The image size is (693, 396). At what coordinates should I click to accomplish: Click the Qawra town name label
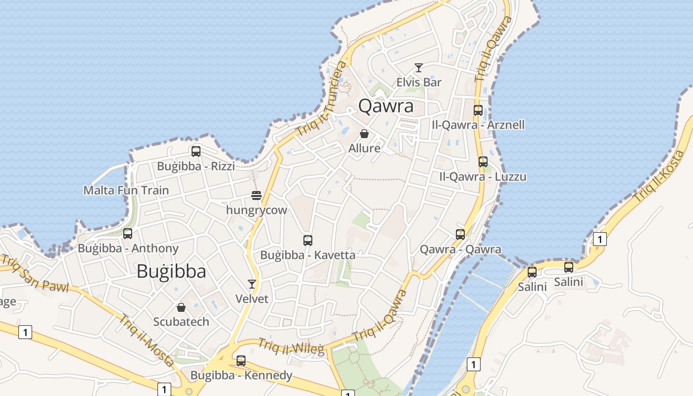(x=386, y=106)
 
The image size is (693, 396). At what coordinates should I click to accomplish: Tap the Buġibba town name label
(x=171, y=271)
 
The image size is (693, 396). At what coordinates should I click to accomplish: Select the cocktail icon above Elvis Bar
(x=419, y=68)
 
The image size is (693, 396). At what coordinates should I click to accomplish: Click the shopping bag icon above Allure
(x=364, y=134)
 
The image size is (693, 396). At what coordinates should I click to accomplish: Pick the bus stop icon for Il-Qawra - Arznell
(x=478, y=110)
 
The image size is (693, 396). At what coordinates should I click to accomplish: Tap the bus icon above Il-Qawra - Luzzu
(x=483, y=162)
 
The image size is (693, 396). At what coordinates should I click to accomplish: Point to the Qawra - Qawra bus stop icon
(x=460, y=235)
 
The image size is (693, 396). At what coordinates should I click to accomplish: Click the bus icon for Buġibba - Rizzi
(x=196, y=151)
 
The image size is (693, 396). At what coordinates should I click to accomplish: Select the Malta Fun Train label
(x=126, y=190)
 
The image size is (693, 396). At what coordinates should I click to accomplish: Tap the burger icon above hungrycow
(x=256, y=196)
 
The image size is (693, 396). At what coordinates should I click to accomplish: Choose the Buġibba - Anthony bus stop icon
(x=128, y=234)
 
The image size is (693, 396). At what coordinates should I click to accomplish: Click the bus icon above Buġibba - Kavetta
(x=308, y=241)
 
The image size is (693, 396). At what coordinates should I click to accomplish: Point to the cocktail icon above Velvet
(x=252, y=284)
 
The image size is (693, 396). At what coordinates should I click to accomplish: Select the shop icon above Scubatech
(x=181, y=307)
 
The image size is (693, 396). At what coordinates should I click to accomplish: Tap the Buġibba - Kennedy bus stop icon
(x=241, y=361)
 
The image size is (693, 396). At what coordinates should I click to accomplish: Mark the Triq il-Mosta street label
(x=146, y=341)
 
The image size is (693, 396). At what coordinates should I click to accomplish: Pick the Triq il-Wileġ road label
(x=291, y=346)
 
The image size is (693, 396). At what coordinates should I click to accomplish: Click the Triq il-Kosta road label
(x=658, y=176)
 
